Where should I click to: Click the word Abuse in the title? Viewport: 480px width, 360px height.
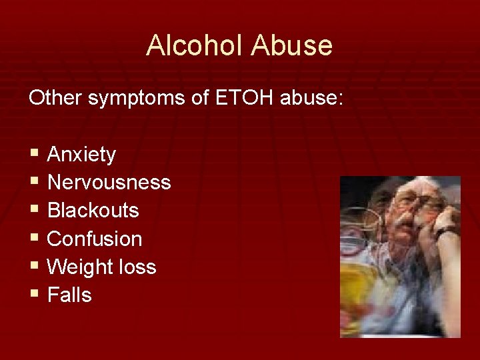click(x=292, y=45)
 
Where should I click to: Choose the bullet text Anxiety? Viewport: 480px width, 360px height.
click(x=81, y=155)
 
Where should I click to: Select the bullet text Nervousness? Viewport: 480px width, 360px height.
click(x=109, y=182)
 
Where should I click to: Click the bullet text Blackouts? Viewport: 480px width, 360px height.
click(x=93, y=211)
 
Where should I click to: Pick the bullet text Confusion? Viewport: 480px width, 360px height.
click(x=95, y=239)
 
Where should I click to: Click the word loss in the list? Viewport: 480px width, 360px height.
click(x=137, y=267)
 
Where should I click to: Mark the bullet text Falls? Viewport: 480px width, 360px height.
click(x=69, y=295)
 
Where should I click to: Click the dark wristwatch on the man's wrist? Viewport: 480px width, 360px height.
click(x=447, y=233)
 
